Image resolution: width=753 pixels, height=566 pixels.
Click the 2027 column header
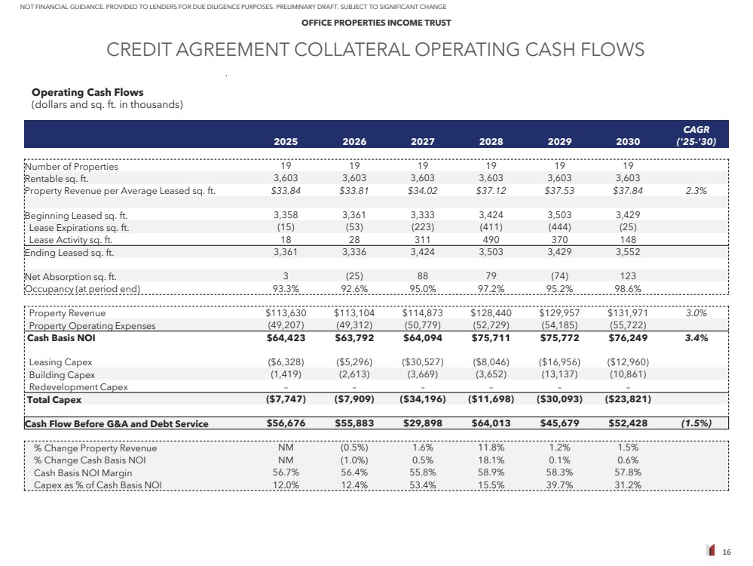pyautogui.click(x=422, y=140)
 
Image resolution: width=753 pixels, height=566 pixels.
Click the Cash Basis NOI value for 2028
pyautogui.click(x=491, y=338)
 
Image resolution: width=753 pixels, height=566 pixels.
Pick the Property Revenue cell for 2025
pyautogui.click(x=285, y=313)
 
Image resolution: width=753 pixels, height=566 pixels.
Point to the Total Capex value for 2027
pyautogui.click(x=421, y=399)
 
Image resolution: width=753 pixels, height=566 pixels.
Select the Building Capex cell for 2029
pyautogui.click(x=559, y=374)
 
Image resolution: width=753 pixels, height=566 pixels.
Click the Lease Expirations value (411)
pyautogui.click(x=491, y=227)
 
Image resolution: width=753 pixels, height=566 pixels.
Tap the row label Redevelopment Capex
pyautogui.click(x=78, y=387)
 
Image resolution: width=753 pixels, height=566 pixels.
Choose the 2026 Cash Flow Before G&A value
pyautogui.click(x=354, y=423)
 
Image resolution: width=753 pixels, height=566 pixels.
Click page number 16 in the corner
pyautogui.click(x=727, y=552)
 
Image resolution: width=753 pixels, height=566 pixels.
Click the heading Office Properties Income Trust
pyautogui.click(x=376, y=23)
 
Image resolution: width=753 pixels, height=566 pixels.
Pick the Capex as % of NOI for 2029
pyautogui.click(x=559, y=484)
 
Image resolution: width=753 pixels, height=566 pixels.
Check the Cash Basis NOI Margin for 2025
pyautogui.click(x=285, y=472)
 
